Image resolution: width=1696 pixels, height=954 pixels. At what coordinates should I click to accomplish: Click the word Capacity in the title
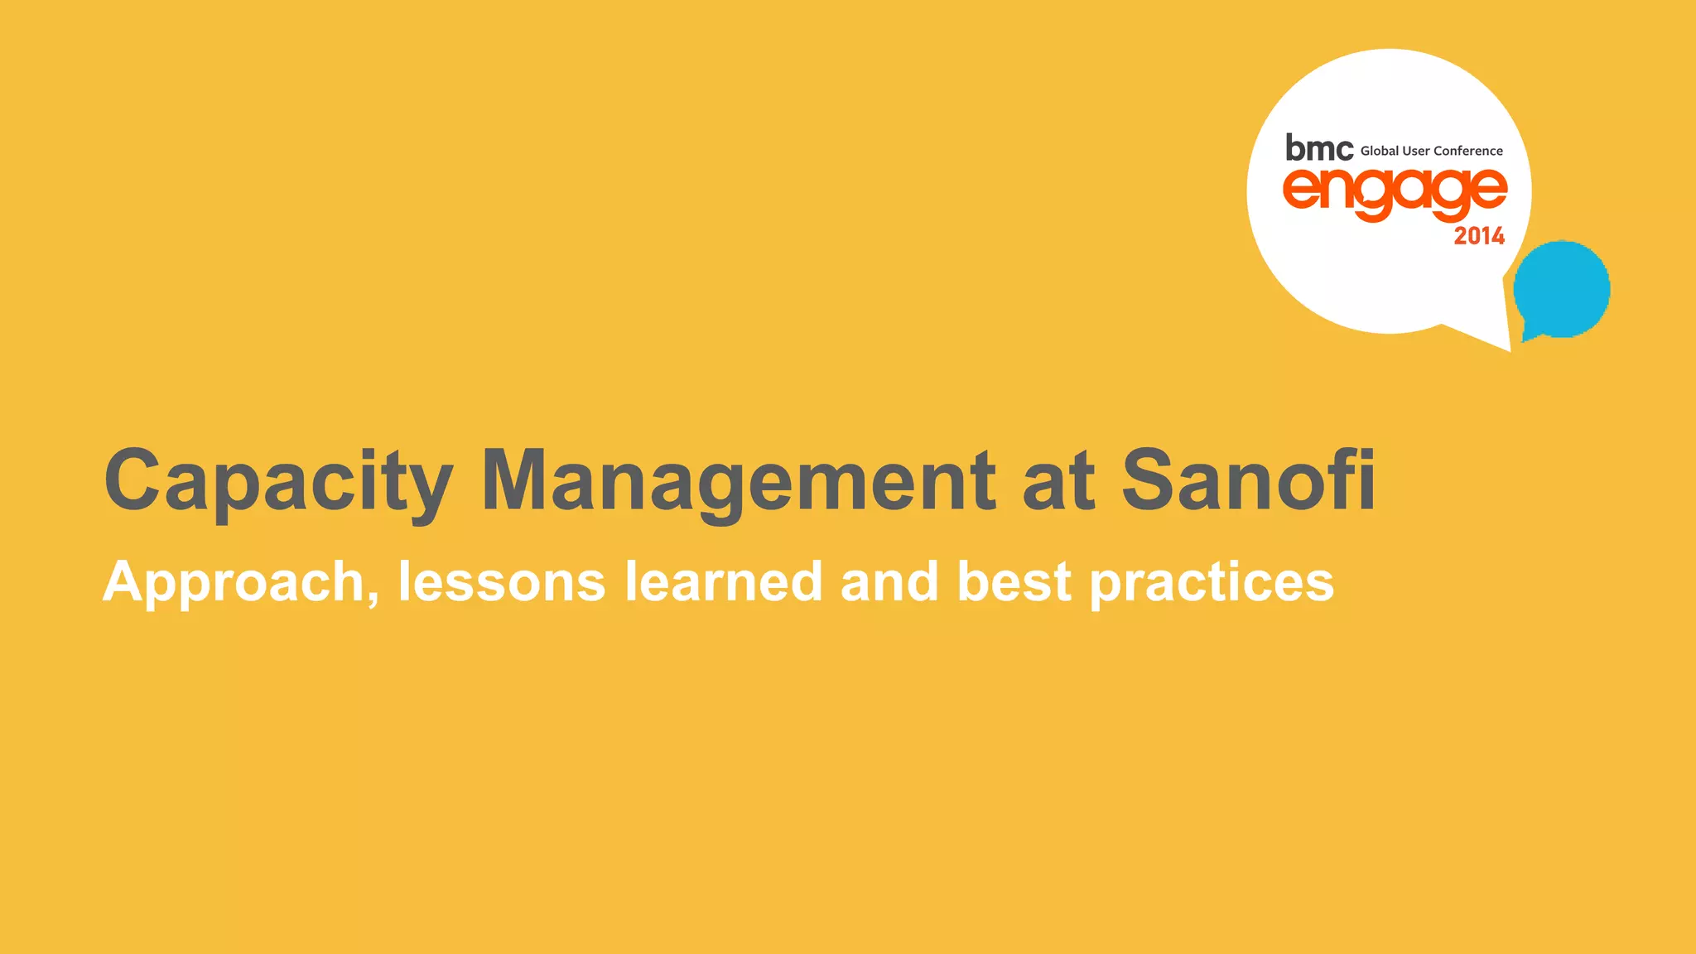[278, 480]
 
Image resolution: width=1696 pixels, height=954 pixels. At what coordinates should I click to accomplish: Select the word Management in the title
[739, 480]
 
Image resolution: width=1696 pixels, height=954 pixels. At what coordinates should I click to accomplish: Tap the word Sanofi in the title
[1248, 480]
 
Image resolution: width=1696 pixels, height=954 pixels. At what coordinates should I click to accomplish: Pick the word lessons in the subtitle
[502, 581]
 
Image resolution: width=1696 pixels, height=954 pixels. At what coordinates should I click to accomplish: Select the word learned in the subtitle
[724, 581]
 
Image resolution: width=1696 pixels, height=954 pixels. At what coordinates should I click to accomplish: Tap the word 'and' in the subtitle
[889, 581]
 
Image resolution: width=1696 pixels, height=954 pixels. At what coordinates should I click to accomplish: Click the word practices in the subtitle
[1212, 582]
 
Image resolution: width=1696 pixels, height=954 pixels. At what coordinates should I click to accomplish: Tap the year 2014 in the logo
[1479, 236]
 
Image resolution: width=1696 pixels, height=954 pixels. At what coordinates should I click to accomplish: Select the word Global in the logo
[1379, 151]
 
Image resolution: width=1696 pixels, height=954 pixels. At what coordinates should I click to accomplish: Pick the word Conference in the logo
[1467, 151]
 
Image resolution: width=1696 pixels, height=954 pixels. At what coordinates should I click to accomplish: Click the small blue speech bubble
[1562, 288]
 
